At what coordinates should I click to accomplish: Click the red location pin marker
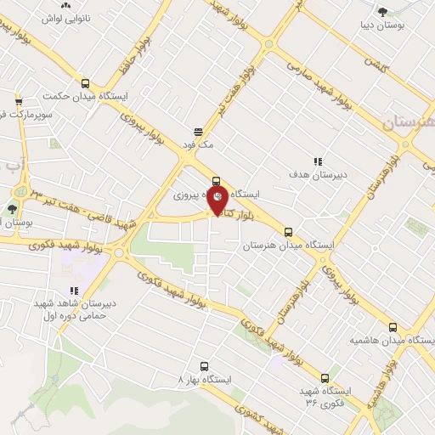217,201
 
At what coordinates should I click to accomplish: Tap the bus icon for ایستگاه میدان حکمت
84,83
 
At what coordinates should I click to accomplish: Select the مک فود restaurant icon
198,132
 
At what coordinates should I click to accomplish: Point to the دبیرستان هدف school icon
318,161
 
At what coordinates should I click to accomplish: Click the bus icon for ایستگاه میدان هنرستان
288,231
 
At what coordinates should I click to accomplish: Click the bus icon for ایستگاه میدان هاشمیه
392,326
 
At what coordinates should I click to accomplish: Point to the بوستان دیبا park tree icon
384,11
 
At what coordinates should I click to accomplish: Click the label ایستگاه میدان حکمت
84,97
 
